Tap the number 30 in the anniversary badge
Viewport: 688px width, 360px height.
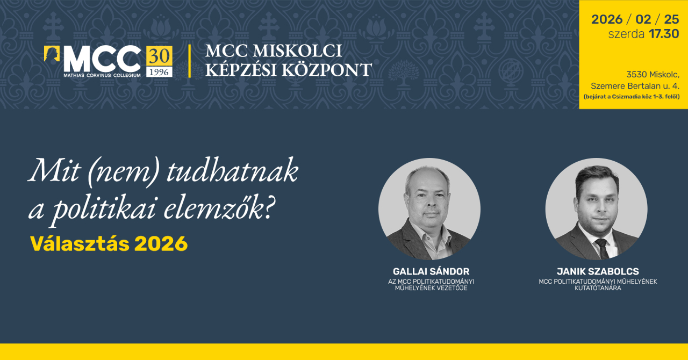(x=159, y=55)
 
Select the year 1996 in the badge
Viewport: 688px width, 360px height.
(x=159, y=71)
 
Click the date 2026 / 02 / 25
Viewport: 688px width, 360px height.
(x=635, y=19)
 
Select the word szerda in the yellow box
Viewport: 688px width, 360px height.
(x=626, y=34)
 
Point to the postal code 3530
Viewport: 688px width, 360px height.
(x=637, y=74)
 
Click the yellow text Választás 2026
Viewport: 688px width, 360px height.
(x=109, y=244)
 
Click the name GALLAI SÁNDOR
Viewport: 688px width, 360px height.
(x=431, y=271)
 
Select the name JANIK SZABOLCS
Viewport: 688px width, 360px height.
(x=598, y=271)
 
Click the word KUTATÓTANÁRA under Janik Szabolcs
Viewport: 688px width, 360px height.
(x=598, y=288)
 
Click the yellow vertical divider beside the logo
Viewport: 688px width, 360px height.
(x=189, y=61)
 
